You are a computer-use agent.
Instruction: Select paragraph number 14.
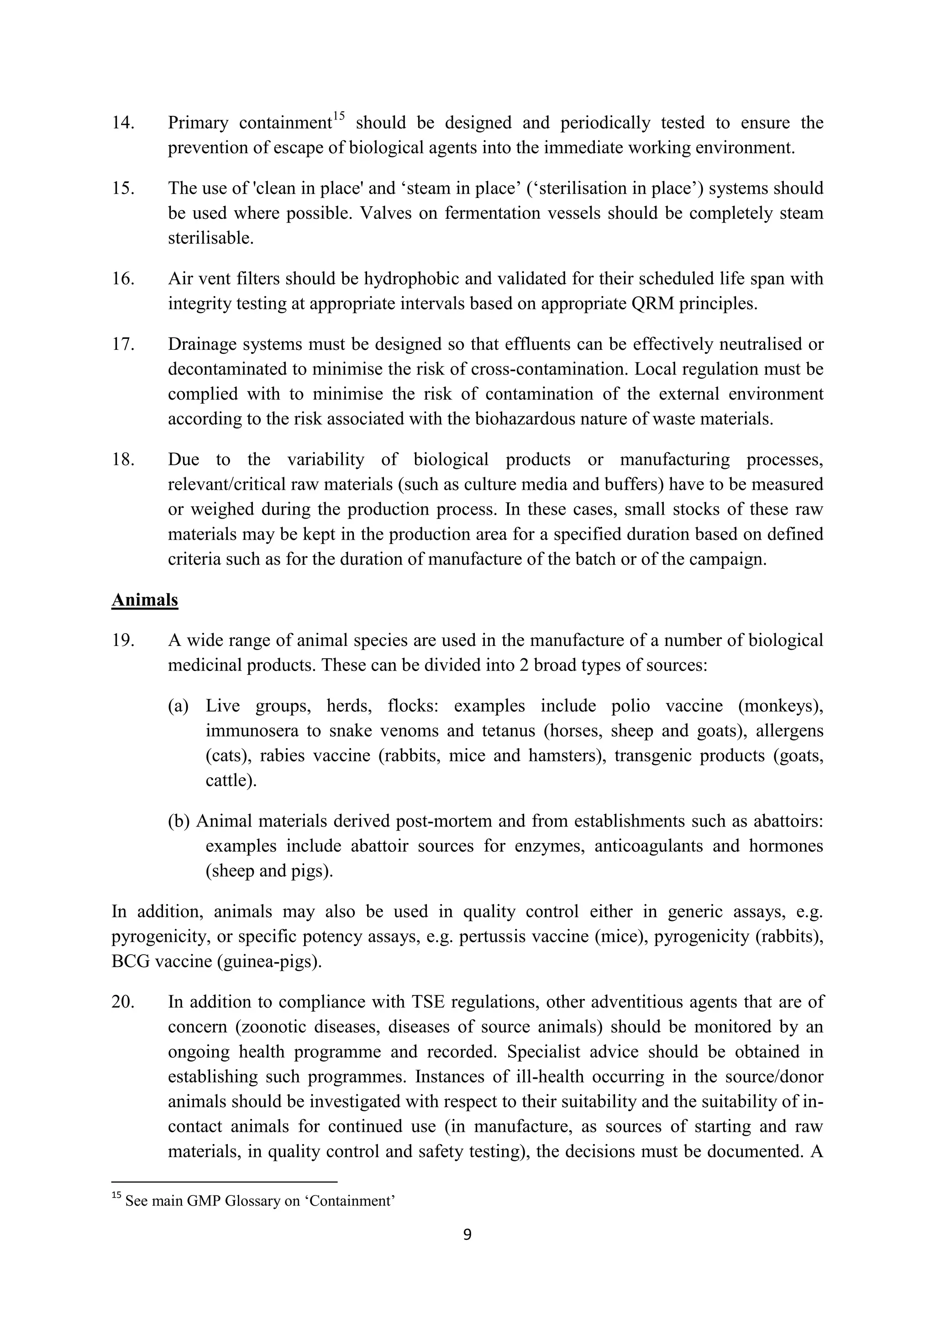click(123, 123)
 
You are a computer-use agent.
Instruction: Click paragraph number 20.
click(123, 1002)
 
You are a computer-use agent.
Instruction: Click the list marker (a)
click(178, 706)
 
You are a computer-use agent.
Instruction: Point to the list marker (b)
click(179, 821)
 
